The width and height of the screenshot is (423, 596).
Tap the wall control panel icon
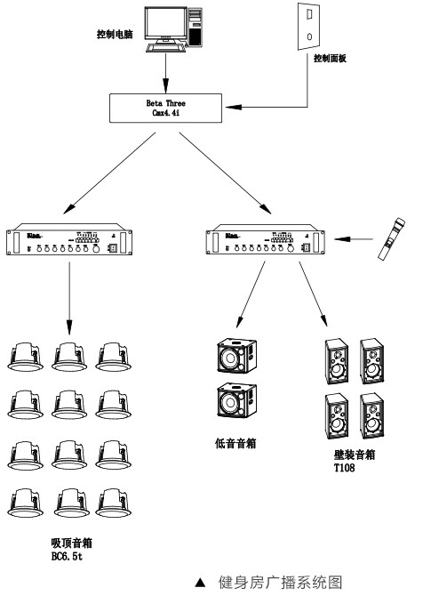(x=307, y=27)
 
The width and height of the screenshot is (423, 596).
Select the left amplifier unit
(x=69, y=243)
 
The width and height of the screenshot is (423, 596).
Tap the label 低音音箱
(x=235, y=442)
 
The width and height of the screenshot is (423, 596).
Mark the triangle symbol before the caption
(x=200, y=583)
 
